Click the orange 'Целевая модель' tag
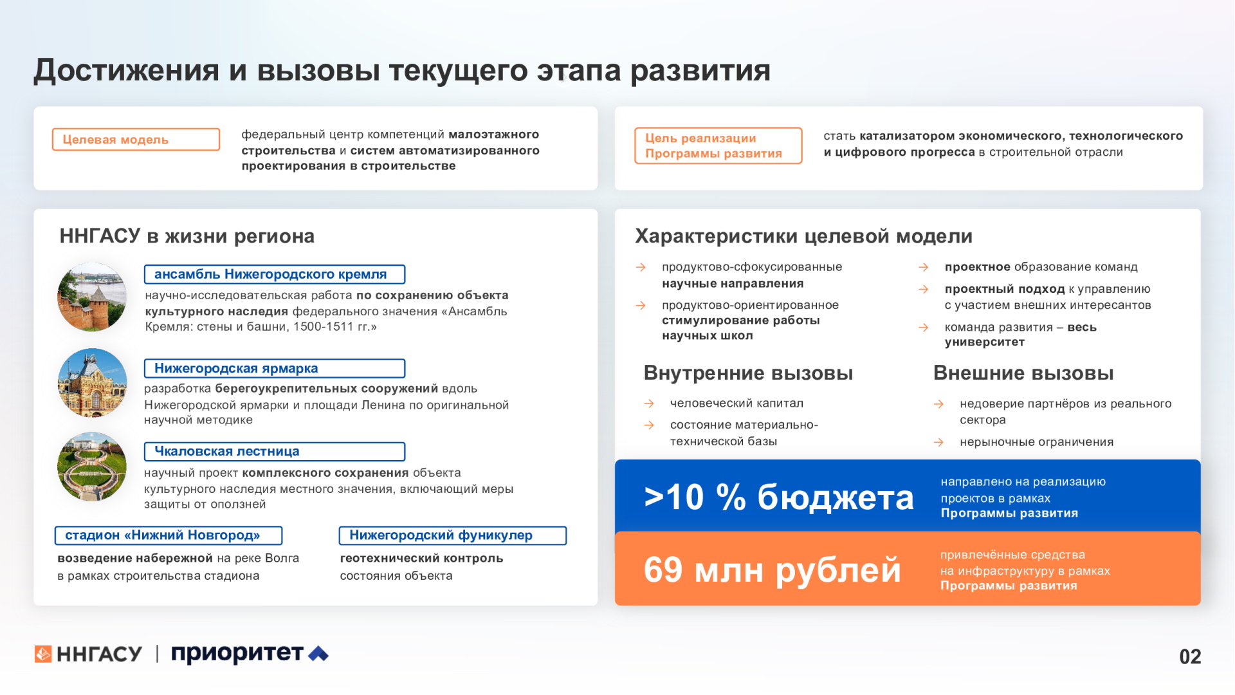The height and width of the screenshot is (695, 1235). click(136, 140)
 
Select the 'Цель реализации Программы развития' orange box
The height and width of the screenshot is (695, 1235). click(718, 145)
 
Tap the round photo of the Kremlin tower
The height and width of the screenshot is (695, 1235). click(92, 297)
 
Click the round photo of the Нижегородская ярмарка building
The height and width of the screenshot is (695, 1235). click(92, 383)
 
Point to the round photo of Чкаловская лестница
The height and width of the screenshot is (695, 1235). click(92, 467)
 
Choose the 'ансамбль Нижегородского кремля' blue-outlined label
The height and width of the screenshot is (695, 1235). click(275, 274)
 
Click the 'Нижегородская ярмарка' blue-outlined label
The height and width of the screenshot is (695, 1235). click(275, 369)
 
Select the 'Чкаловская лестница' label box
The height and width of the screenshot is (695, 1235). click(275, 452)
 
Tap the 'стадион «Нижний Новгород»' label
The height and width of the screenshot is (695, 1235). click(169, 535)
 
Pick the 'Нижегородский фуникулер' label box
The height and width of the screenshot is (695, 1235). click(453, 535)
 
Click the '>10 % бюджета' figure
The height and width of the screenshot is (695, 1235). click(778, 497)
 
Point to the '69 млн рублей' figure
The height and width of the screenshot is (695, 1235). click(773, 570)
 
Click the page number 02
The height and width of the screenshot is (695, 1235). click(1190, 656)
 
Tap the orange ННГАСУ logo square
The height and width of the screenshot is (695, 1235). click(43, 654)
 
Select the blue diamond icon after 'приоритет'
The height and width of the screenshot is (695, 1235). click(318, 654)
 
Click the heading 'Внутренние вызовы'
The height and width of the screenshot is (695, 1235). click(748, 373)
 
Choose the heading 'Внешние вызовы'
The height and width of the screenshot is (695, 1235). click(1023, 373)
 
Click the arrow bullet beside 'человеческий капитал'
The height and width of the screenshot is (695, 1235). click(649, 403)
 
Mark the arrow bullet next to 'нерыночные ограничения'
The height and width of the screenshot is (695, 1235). click(938, 442)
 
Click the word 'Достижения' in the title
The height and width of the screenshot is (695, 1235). click(127, 70)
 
